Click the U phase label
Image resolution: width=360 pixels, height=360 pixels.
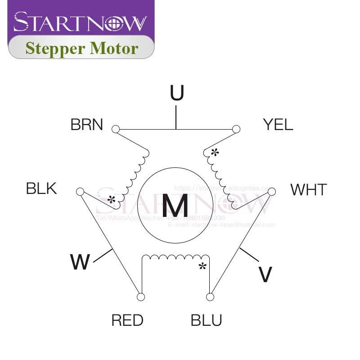coord(177,93)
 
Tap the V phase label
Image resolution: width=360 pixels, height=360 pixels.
coord(265,274)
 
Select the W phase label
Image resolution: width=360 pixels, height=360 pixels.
coord(80,262)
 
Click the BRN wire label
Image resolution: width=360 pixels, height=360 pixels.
coord(87,125)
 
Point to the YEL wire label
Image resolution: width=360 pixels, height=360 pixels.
coord(278,125)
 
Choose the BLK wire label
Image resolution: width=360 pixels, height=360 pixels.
coord(42,188)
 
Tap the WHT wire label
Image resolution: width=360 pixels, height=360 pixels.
coord(308,190)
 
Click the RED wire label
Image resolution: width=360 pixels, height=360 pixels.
coord(127,321)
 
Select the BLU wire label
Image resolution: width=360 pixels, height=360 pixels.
coord(207,321)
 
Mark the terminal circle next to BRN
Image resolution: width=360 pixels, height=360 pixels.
coord(116,130)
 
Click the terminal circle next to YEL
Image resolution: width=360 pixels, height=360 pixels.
coord(236,130)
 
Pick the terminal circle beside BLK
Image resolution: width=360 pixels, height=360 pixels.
coord(80,192)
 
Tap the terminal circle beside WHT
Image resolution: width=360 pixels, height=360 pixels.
coord(271,192)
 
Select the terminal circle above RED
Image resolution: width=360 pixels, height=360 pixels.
coord(140,297)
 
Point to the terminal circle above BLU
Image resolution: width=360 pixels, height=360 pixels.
coord(210,297)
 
